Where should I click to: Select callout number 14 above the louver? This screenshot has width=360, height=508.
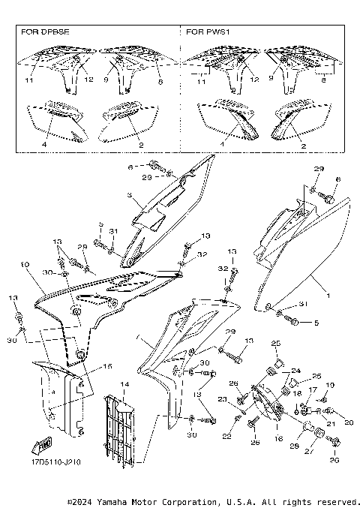point(124,384)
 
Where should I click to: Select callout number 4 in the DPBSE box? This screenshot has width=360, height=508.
point(44,143)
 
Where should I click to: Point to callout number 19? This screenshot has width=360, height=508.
point(331,385)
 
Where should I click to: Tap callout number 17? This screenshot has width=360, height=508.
point(313,390)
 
